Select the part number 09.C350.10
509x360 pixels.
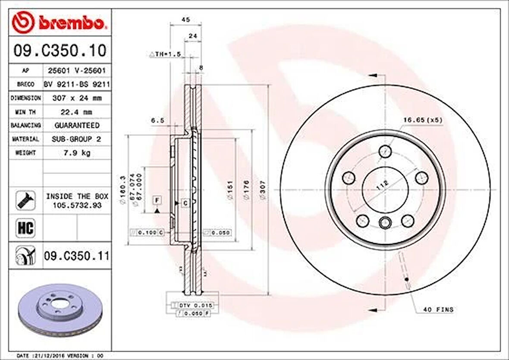(60, 51)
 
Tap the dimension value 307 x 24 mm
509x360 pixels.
(77, 98)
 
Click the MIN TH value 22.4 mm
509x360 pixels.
(77, 112)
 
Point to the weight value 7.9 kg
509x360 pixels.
(77, 153)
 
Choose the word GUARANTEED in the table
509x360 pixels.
(77, 125)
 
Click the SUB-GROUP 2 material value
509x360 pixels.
(77, 139)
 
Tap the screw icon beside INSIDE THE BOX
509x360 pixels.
(25, 200)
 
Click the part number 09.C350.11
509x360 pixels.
(76, 256)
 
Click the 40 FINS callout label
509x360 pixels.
(438, 309)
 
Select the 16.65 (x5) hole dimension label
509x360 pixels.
(423, 120)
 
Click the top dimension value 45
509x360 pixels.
(185, 20)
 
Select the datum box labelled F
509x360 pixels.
(157, 200)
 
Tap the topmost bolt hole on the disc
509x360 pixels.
(385, 152)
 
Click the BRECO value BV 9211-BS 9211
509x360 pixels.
(77, 84)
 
